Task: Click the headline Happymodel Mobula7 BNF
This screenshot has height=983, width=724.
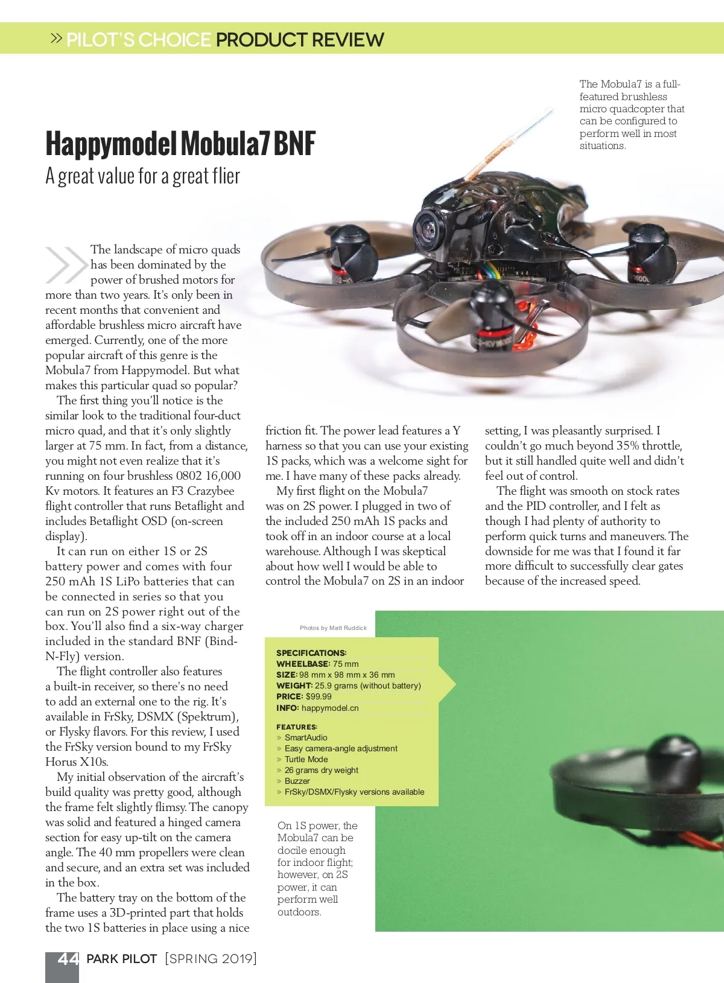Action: click(180, 144)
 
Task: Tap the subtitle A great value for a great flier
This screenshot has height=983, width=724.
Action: click(142, 176)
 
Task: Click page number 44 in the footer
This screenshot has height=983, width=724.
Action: click(68, 959)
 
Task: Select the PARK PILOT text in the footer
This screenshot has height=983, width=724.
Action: click(122, 959)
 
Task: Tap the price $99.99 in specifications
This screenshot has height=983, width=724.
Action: click(319, 696)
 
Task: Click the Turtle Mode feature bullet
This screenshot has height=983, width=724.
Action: click(306, 759)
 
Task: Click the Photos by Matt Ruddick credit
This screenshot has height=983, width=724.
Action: click(333, 628)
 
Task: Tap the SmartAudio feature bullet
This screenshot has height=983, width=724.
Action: click(306, 737)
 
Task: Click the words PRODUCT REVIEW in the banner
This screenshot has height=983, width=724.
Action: click(300, 40)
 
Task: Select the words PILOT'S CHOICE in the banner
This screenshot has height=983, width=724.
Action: click(139, 40)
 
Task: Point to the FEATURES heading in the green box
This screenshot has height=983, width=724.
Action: click(297, 727)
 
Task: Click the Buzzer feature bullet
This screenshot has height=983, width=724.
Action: click(297, 781)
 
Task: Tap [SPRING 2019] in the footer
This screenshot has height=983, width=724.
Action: click(211, 959)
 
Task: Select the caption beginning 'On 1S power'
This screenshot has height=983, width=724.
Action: click(317, 868)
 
